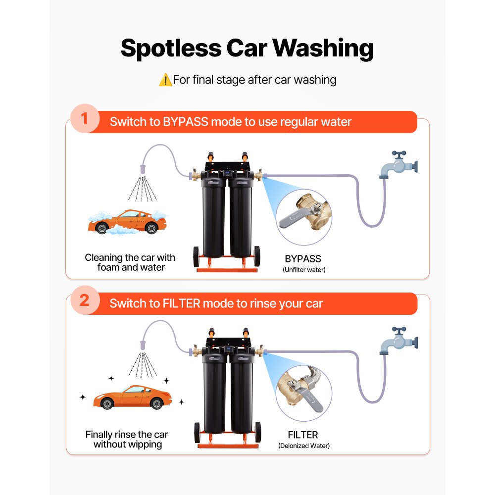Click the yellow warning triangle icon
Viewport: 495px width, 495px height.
165,80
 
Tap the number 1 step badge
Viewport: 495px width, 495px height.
84,121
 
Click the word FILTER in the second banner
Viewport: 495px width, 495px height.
183,303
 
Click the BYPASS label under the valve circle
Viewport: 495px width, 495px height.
303,258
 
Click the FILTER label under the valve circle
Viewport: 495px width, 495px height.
302,435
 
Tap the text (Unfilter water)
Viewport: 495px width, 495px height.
303,270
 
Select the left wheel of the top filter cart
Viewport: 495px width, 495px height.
197,257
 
